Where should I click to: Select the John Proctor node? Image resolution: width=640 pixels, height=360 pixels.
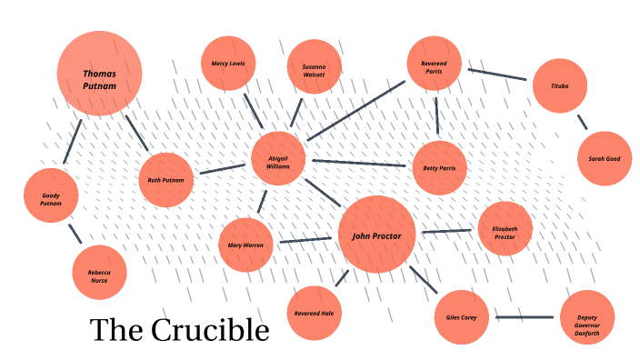(x=377, y=235)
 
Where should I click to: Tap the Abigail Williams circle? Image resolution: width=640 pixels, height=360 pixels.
(x=278, y=160)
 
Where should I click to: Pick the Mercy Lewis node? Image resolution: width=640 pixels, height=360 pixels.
(x=227, y=64)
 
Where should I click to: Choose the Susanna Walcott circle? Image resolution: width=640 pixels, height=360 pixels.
(x=314, y=70)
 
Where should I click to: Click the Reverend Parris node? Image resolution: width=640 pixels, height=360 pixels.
(x=435, y=65)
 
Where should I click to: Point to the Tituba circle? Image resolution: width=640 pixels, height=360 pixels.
(x=560, y=85)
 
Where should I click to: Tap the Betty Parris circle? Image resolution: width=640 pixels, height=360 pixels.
(x=439, y=168)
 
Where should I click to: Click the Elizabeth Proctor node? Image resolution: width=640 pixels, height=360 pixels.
(x=505, y=228)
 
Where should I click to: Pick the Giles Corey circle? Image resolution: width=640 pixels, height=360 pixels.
(x=462, y=317)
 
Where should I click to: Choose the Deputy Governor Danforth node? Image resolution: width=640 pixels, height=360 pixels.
(x=587, y=319)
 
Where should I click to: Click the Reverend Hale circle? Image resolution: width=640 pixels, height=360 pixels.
(x=313, y=314)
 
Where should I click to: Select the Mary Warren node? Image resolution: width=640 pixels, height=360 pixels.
(x=246, y=245)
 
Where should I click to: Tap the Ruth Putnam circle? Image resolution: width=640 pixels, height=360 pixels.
(x=166, y=180)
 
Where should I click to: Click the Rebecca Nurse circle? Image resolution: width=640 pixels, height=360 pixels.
(x=99, y=274)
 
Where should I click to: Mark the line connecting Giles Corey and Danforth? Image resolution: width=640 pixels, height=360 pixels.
(x=525, y=317)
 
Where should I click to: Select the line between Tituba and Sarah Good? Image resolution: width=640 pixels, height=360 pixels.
(x=582, y=122)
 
